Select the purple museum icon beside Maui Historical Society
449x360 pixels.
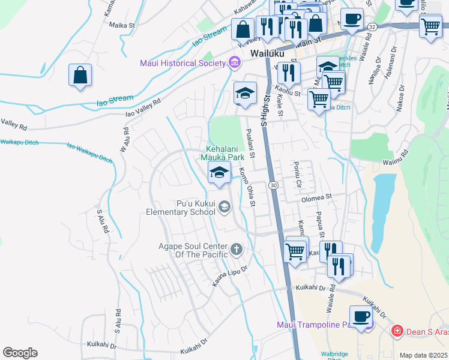click(234, 62)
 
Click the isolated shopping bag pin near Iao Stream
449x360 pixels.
click(80, 77)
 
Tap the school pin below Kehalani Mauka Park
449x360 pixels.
click(220, 173)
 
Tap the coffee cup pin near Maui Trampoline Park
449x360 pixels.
click(361, 317)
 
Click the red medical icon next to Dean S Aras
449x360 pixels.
click(396, 331)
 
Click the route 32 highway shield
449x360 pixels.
click(373, 27)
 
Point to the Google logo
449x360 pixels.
click(20, 353)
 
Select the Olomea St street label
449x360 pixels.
click(316, 197)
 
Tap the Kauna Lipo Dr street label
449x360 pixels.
click(230, 275)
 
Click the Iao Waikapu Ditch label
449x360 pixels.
click(89, 153)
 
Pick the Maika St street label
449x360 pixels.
click(123, 25)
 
